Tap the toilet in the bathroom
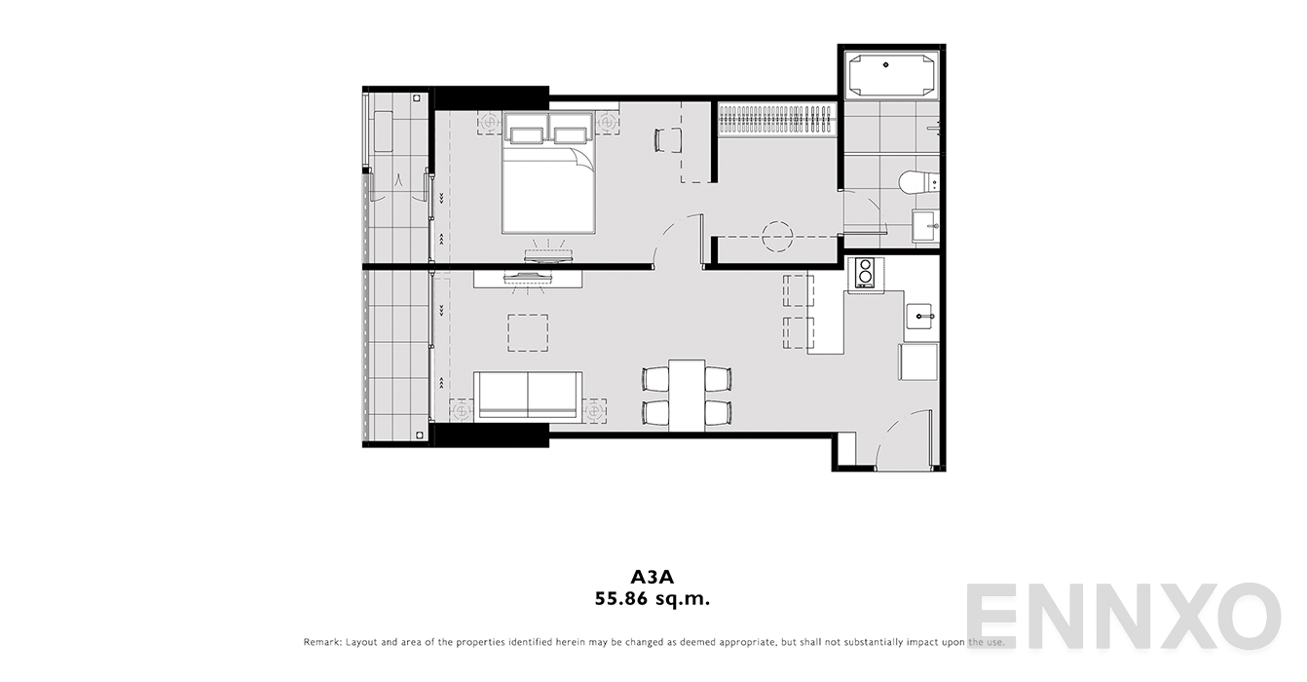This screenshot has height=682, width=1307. coord(918,182)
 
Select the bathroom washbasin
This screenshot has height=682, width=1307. coord(925,226)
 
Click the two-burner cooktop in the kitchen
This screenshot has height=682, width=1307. coord(865,273)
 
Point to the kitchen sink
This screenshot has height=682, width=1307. coord(921,317)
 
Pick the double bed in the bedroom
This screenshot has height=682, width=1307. coord(548,172)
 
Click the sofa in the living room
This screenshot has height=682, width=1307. coord(528,396)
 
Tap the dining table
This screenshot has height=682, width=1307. coord(687,396)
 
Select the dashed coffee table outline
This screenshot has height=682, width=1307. coord(528,333)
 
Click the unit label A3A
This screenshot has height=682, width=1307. coord(653,577)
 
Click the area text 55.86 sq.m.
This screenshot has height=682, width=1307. coord(653,599)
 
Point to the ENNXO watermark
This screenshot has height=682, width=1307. coord(1123,616)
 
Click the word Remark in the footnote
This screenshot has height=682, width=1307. coord(321,642)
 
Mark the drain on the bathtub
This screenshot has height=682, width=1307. coord(886,65)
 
